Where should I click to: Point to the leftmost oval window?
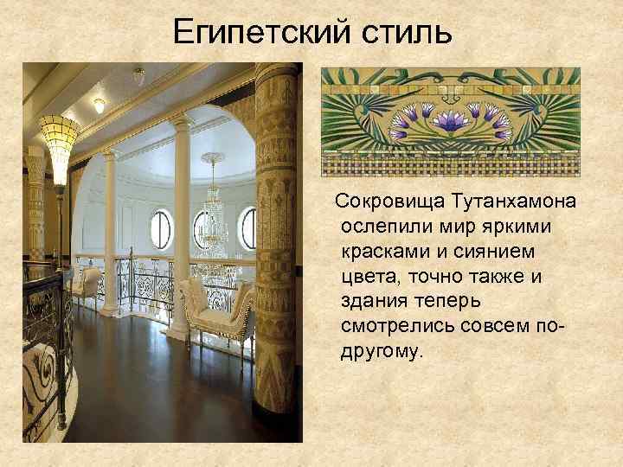pyautogui.click(x=160, y=228)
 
